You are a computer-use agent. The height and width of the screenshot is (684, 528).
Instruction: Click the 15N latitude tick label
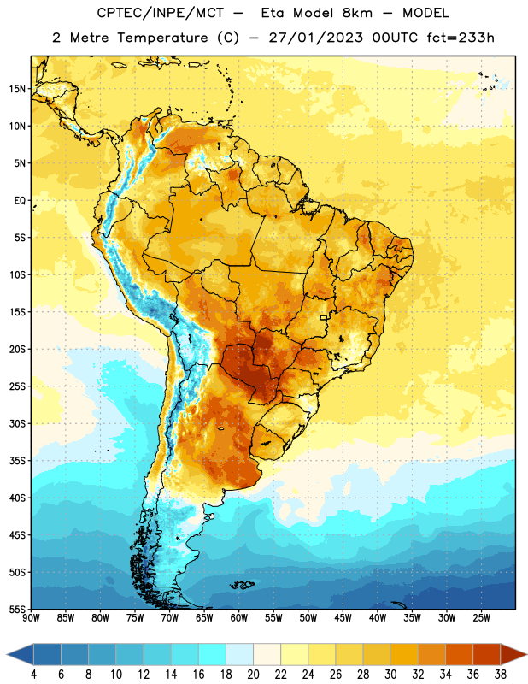coord(17,89)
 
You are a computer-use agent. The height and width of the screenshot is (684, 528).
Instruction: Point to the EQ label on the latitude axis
coord(20,201)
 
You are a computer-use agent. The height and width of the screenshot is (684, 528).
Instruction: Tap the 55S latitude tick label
coord(17,609)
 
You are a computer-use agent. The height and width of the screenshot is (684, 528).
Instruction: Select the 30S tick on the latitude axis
coord(17,423)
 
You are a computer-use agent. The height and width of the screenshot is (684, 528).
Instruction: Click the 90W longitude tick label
coord(31,617)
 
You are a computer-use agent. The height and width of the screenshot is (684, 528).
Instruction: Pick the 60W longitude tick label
coord(239,617)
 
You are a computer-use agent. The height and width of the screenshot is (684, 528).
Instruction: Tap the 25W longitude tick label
coord(481,617)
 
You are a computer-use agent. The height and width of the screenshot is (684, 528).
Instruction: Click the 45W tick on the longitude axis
coord(343,617)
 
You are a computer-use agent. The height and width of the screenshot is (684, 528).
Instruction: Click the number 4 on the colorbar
coord(33,675)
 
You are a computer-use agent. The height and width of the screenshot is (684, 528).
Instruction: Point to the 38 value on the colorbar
coord(501,675)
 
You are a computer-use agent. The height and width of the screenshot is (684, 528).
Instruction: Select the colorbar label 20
coord(253,675)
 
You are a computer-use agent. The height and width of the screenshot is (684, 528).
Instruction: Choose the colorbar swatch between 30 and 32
coord(404,654)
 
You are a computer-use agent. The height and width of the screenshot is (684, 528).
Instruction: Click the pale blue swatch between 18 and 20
coord(240,654)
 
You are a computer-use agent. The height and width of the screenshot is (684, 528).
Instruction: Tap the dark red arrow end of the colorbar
coord(513,654)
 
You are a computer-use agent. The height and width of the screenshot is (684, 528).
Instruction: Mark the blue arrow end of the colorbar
coord(21,654)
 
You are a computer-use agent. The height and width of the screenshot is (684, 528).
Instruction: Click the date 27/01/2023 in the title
coord(315,38)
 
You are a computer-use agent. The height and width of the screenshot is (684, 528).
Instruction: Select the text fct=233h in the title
coord(461,38)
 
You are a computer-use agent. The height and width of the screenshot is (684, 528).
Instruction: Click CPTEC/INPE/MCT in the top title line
coord(161,13)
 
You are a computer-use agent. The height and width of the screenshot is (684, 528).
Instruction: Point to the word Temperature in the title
coord(162,38)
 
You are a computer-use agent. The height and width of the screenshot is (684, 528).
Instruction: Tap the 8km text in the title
coord(357,13)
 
